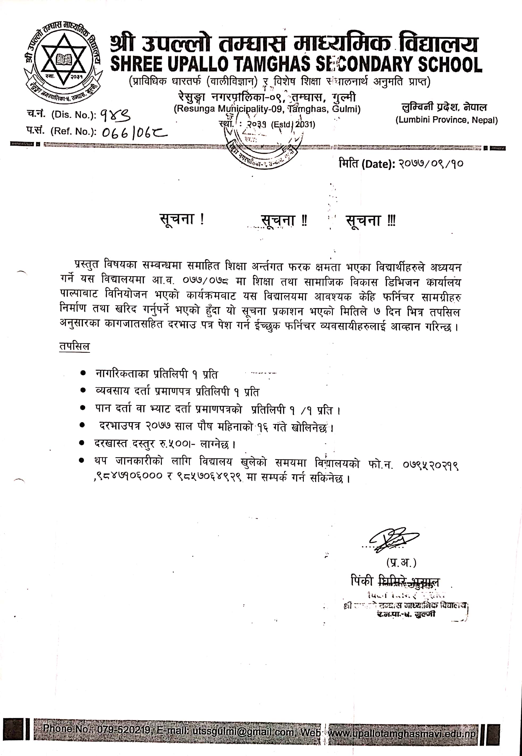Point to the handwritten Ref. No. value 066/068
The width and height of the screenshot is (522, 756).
tap(134, 132)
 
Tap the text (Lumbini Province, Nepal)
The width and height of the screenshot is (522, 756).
tap(447, 120)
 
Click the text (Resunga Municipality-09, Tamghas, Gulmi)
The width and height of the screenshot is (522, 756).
tap(267, 109)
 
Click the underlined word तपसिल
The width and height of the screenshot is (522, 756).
tap(74, 346)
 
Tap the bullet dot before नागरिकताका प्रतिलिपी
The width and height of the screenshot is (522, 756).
tap(83, 373)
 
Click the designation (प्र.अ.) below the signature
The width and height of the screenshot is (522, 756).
tap(401, 562)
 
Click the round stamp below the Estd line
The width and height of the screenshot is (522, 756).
tap(264, 147)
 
